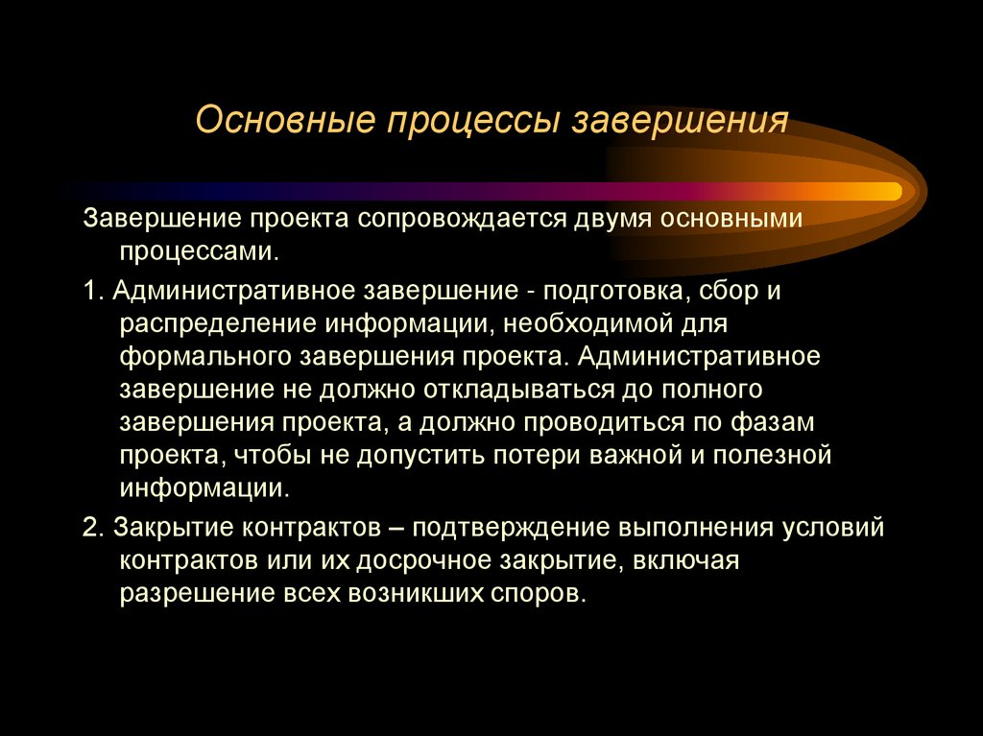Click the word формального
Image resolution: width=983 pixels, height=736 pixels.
click(204, 357)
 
